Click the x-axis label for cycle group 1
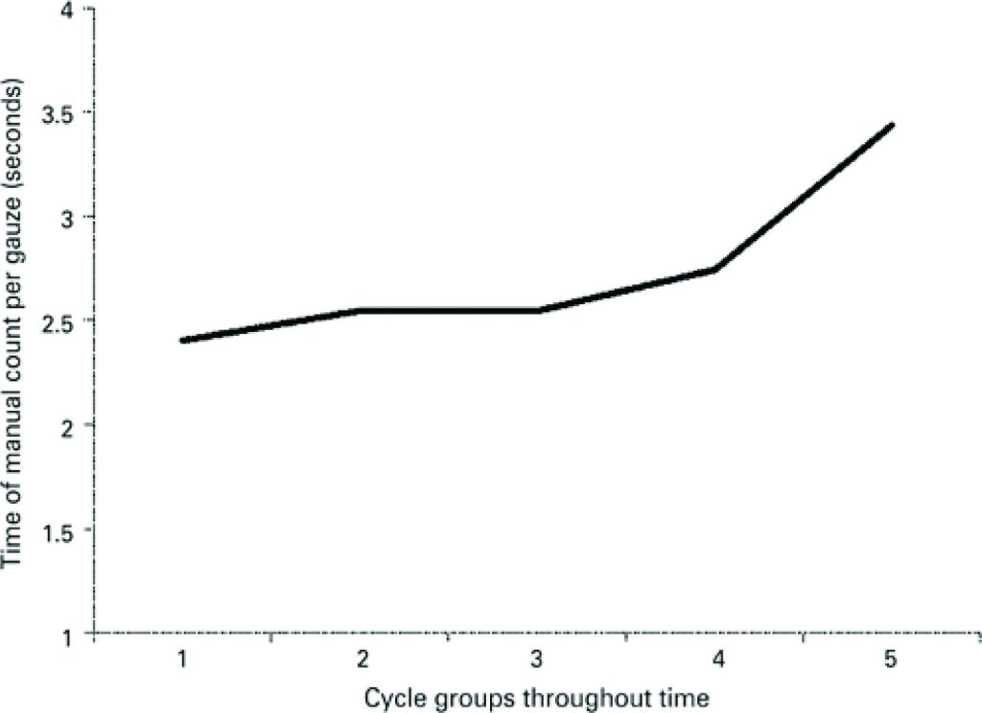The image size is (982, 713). click(x=182, y=659)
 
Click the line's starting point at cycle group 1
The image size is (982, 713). click(x=182, y=340)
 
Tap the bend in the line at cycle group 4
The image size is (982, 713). click(x=715, y=270)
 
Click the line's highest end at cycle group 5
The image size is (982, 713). click(x=893, y=125)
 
